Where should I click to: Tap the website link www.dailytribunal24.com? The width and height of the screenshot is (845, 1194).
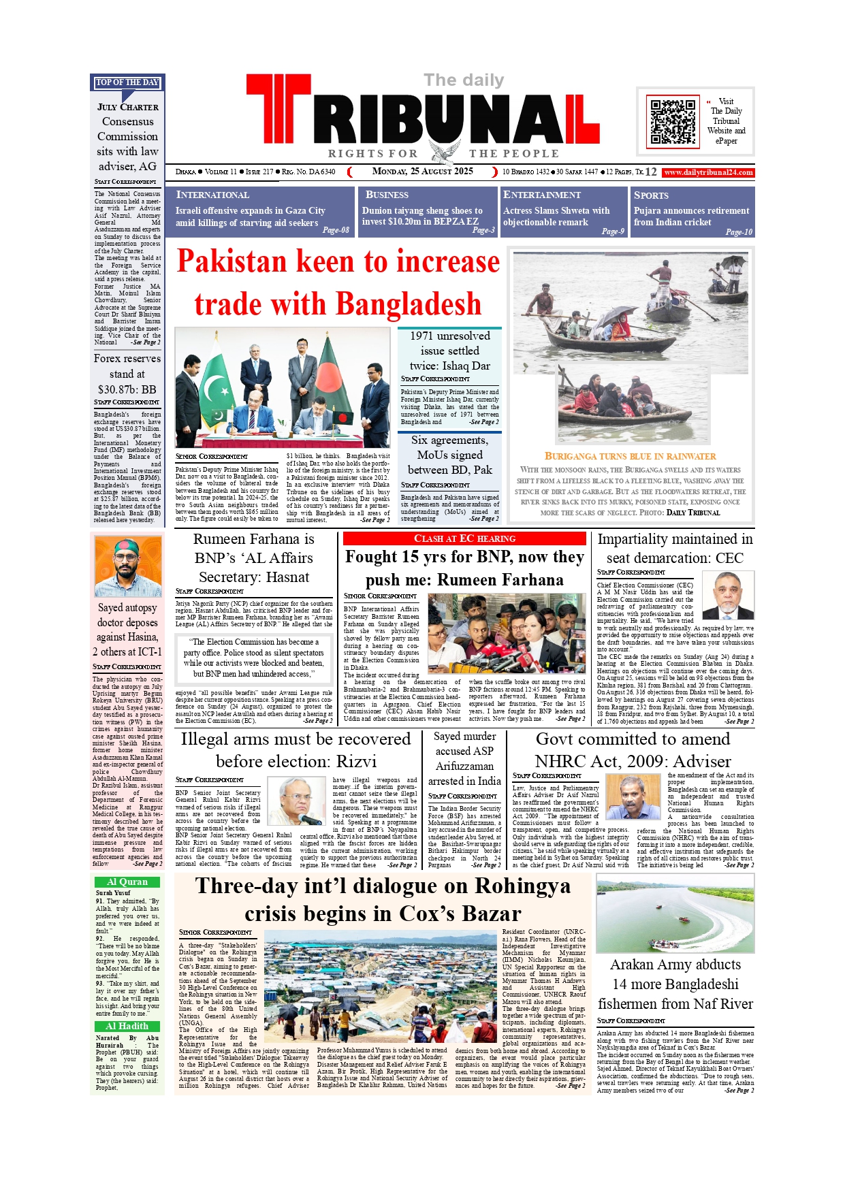tap(708, 173)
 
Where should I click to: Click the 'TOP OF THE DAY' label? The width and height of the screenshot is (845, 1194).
tap(127, 82)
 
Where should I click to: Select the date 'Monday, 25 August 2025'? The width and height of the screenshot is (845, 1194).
tap(422, 172)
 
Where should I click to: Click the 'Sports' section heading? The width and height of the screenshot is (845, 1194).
tap(651, 195)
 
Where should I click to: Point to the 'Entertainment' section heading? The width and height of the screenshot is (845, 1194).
tap(542, 195)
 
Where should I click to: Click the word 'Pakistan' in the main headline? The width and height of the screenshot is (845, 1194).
tap(232, 262)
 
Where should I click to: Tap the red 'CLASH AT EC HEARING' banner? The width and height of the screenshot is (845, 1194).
tap(464, 539)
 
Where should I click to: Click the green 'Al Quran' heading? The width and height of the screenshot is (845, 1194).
tap(127, 882)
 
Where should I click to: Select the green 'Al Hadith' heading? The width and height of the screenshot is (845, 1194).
tap(127, 1027)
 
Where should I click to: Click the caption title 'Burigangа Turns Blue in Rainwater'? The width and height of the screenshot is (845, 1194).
tap(630, 457)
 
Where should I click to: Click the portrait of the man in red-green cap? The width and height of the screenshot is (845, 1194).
tap(127, 566)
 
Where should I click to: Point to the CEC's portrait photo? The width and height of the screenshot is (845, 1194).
tap(727, 595)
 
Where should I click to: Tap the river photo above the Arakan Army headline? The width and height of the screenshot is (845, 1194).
tap(675, 914)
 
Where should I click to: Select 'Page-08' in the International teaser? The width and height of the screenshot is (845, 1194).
tap(336, 230)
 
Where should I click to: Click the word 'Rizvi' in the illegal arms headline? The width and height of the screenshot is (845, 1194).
tap(356, 762)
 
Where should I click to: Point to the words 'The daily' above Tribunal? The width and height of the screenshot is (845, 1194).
tap(464, 80)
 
